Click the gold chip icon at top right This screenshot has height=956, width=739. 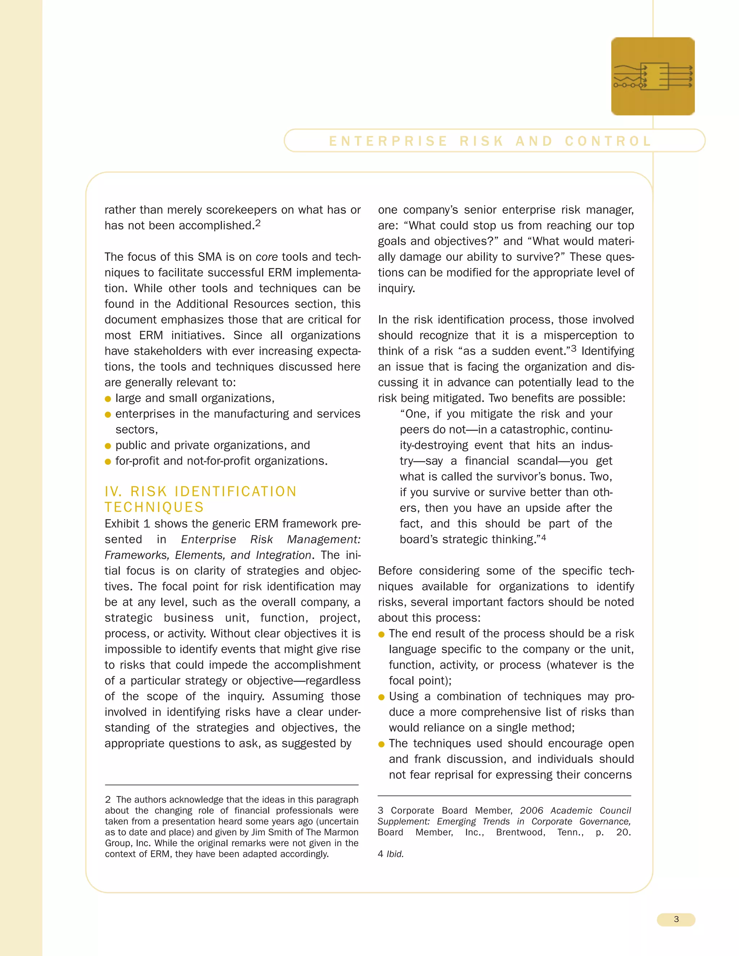[x=652, y=76]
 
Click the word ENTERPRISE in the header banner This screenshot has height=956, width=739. [x=388, y=141]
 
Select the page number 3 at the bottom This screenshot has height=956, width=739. [x=676, y=919]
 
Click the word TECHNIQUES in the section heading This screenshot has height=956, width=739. [x=154, y=507]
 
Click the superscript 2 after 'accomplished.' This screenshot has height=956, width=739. [x=258, y=223]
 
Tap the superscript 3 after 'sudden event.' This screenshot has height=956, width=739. [x=573, y=349]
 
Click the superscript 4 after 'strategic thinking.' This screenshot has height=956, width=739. [x=543, y=538]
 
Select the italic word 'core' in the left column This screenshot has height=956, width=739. [x=267, y=257]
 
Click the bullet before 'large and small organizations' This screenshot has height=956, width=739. [x=108, y=399]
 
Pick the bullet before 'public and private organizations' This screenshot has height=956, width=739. [x=108, y=446]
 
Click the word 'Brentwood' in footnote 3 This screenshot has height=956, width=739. [x=520, y=832]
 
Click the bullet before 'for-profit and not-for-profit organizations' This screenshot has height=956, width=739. [x=108, y=462]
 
